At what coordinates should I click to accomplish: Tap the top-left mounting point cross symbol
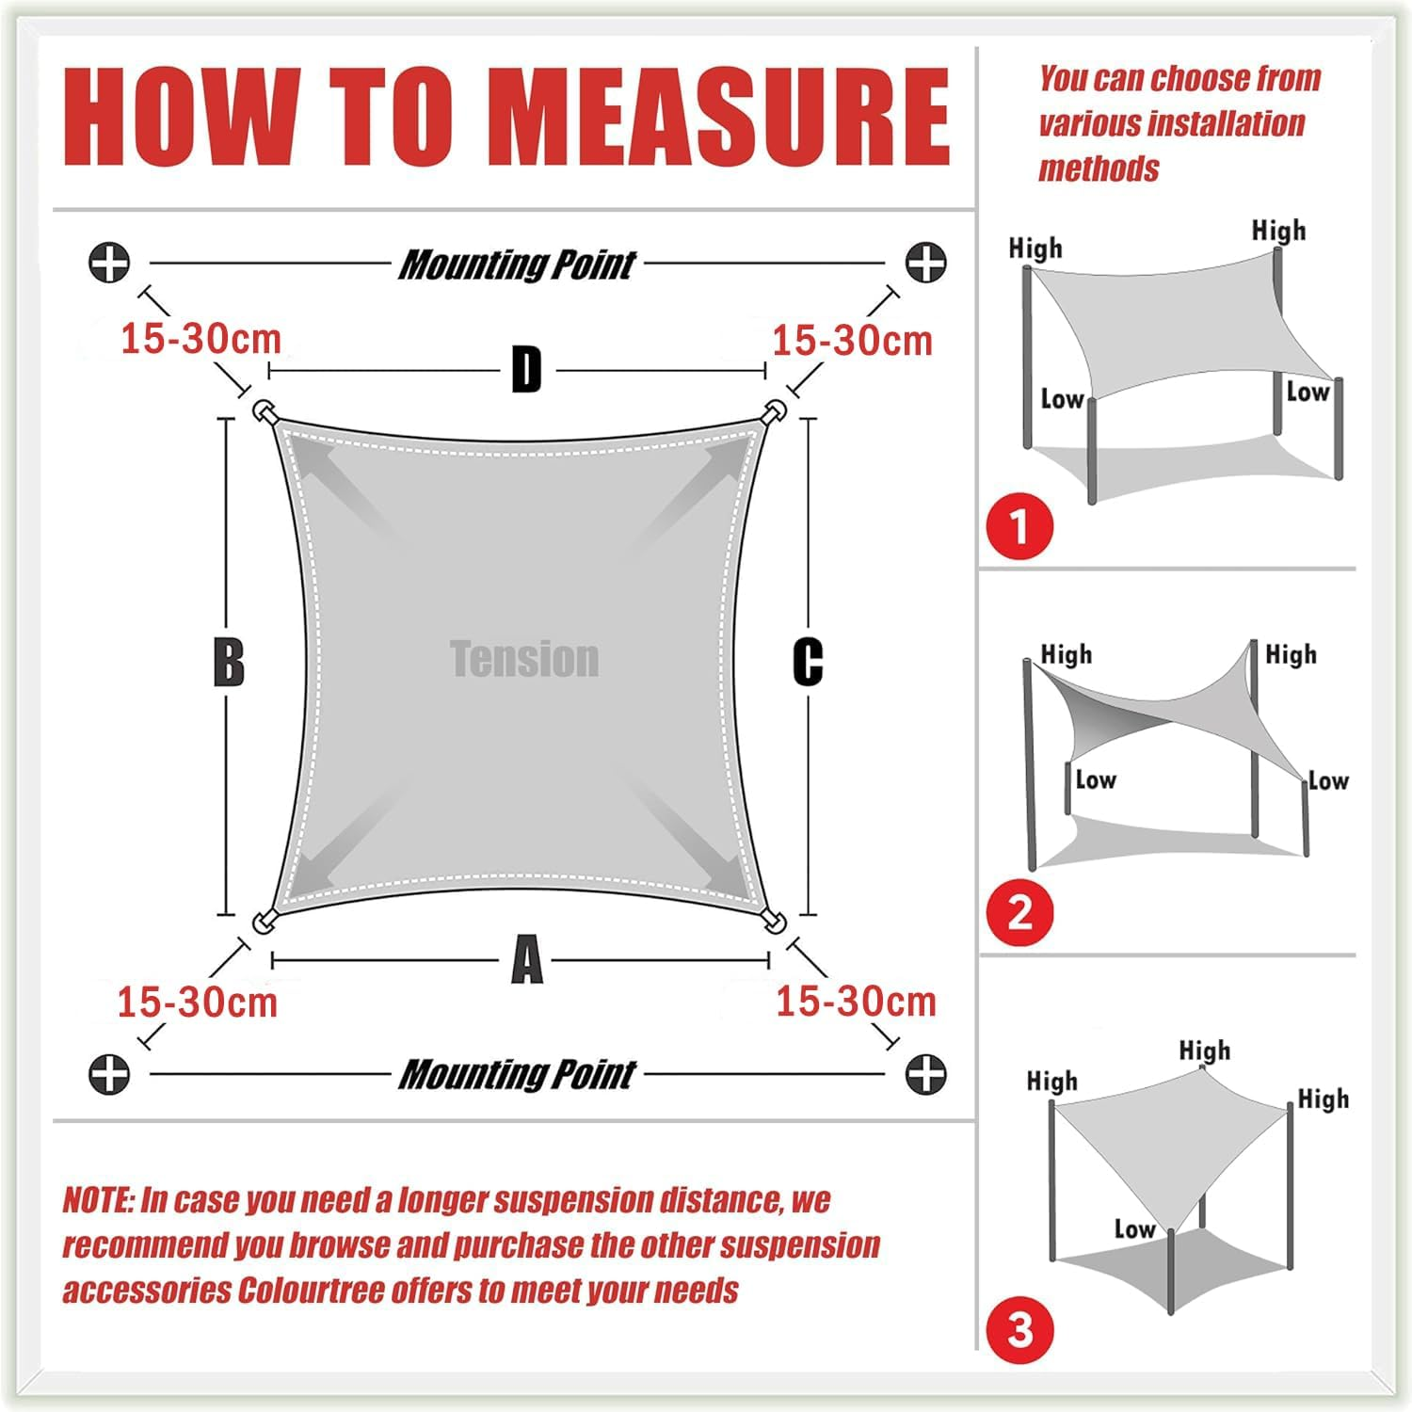(109, 262)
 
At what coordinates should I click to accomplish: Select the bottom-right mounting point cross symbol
(925, 1073)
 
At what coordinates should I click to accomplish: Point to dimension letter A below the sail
(527, 960)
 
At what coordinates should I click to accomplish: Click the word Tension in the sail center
(524, 659)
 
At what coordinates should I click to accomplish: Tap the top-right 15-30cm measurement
(852, 340)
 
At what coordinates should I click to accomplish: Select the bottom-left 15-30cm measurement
(198, 1003)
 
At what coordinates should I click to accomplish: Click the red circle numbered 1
(1019, 526)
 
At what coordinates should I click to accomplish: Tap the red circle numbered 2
(1019, 913)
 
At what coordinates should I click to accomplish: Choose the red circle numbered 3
(1019, 1330)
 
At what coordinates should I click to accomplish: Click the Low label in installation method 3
(1134, 1228)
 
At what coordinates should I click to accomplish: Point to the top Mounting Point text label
(517, 265)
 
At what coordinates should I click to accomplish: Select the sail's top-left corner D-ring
(263, 412)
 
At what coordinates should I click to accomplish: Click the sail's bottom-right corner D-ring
(775, 921)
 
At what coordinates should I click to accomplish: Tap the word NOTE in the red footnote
(97, 1200)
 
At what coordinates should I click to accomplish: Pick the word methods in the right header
(1099, 169)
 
